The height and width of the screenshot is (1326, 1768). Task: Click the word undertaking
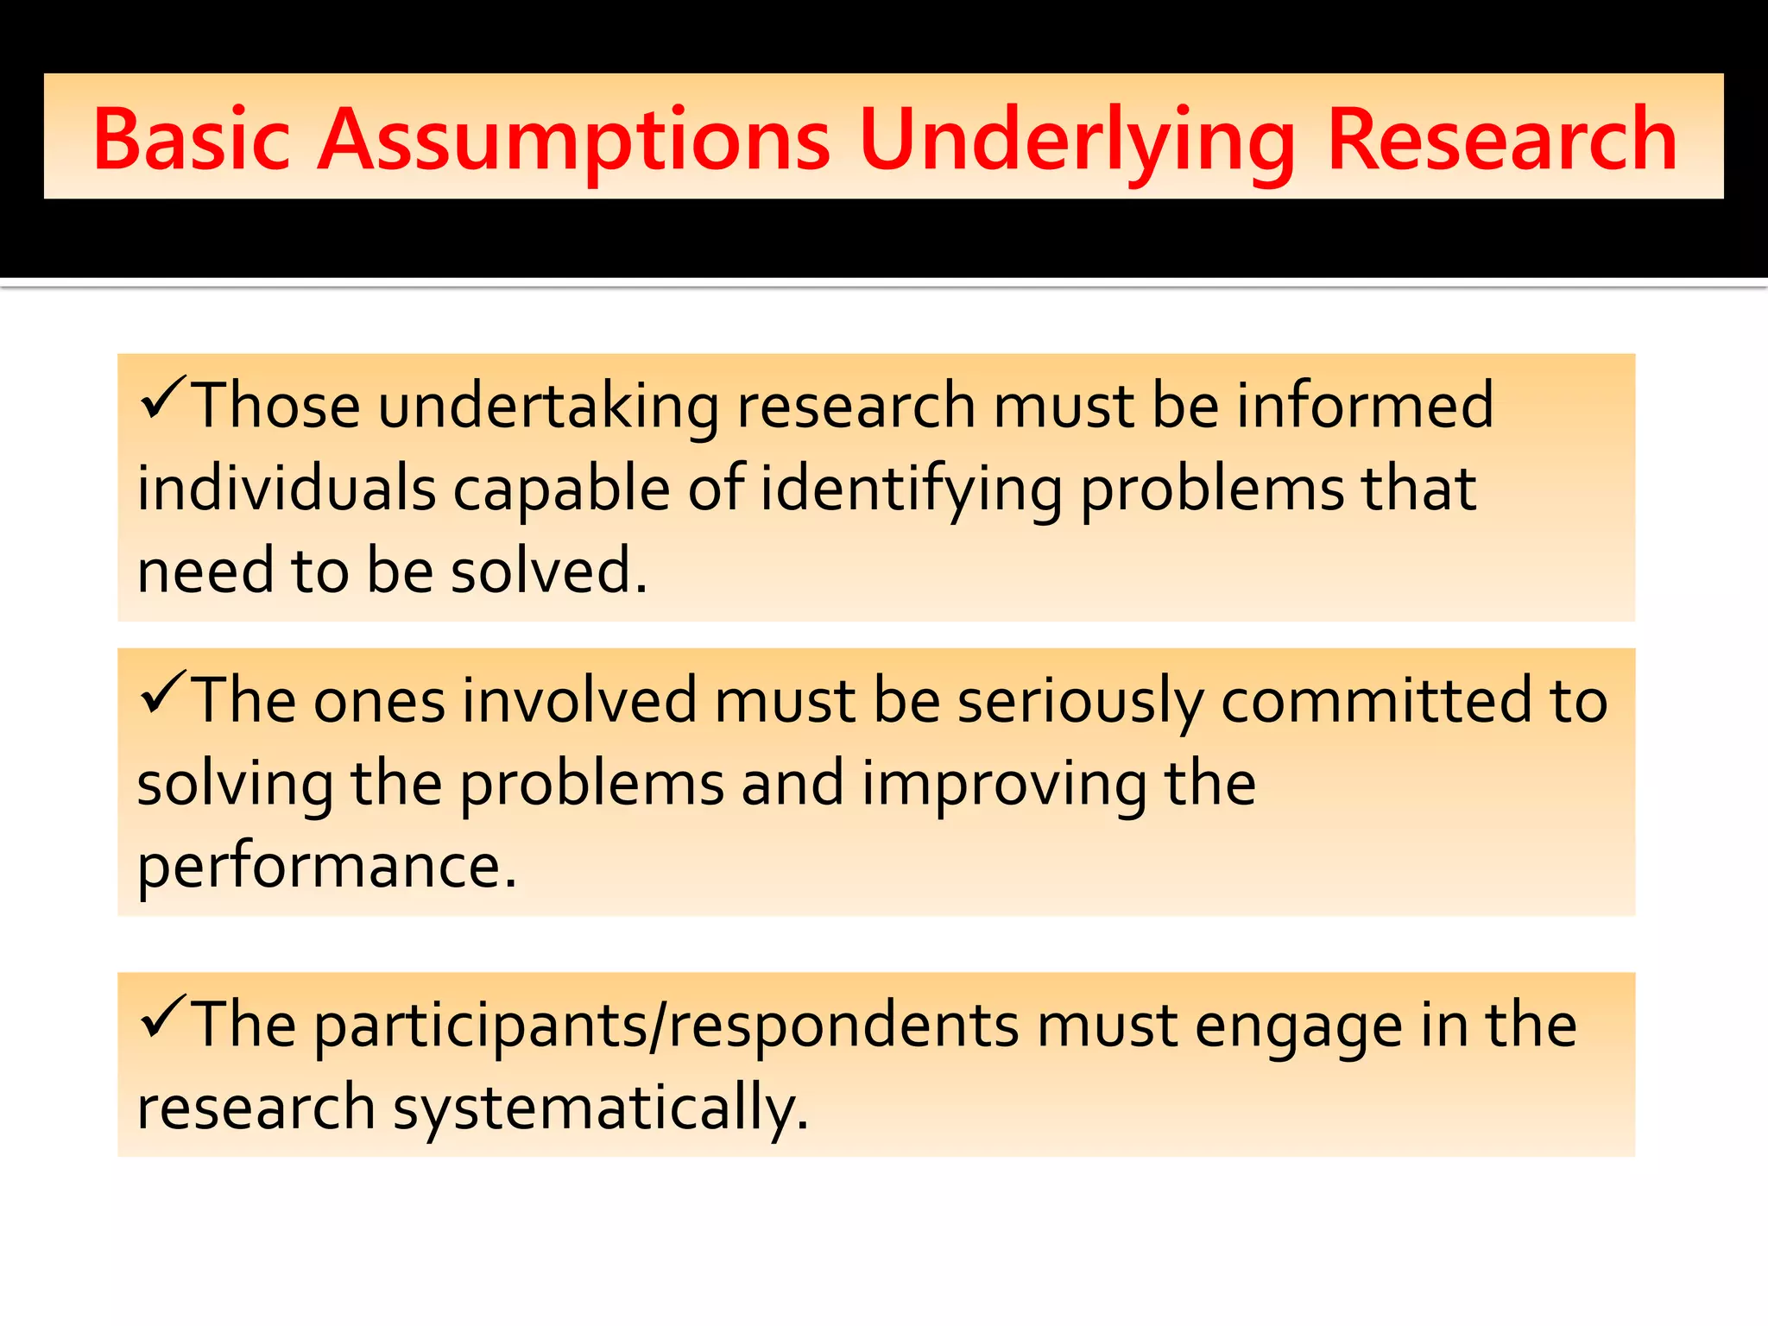(x=547, y=406)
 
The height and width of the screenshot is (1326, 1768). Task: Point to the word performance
(x=326, y=866)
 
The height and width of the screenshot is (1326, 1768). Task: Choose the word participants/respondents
(x=666, y=1026)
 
